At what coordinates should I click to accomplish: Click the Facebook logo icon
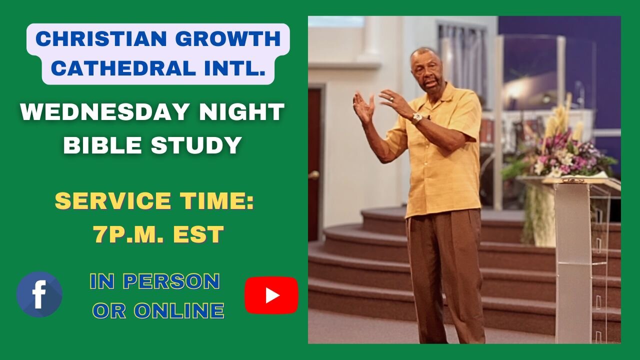point(39,294)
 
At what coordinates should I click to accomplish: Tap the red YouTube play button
point(271,295)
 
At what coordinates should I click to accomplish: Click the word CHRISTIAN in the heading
point(93,39)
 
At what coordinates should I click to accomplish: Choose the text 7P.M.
point(132,235)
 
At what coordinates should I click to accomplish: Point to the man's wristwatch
point(416,118)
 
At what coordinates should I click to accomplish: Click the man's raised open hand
point(363,106)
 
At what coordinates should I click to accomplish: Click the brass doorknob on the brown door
point(314,174)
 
